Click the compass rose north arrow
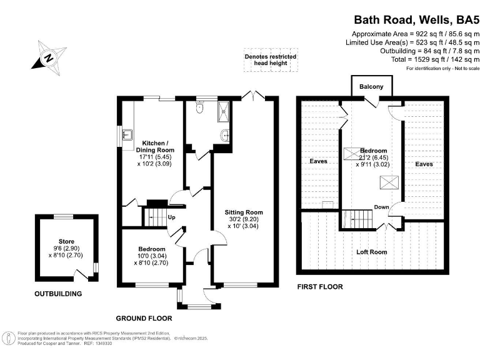coord(48,57)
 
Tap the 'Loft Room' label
coord(371,252)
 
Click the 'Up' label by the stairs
coord(170,217)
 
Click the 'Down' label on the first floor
coord(382,207)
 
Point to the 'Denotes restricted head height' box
coord(270,61)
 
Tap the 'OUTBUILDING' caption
coord(58,293)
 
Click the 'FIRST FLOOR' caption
coord(320,287)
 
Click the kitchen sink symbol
coord(127,134)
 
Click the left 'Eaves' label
coord(319,161)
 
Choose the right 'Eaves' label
coord(424,164)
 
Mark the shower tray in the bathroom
coord(223,111)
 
